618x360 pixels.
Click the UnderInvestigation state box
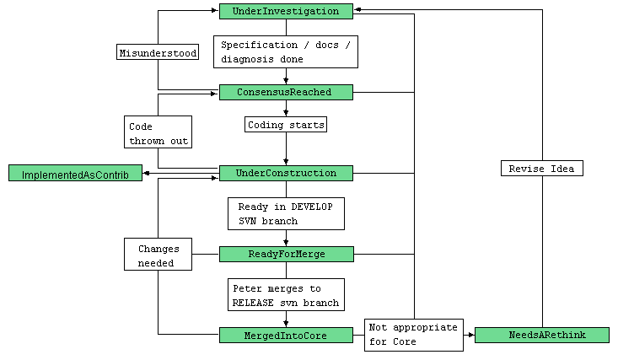tap(286, 12)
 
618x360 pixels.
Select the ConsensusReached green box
tap(286, 92)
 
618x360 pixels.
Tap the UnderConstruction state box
tap(286, 173)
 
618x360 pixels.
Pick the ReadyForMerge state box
tap(286, 254)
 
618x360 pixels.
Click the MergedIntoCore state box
tap(286, 335)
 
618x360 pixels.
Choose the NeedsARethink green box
tap(541, 335)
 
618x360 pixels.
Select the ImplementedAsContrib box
tap(75, 173)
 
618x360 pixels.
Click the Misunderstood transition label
tap(158, 52)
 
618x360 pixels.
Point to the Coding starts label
tap(286, 125)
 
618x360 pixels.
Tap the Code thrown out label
tap(158, 132)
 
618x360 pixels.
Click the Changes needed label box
tap(158, 255)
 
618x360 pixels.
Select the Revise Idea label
tap(541, 169)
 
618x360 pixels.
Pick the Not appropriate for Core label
tap(413, 335)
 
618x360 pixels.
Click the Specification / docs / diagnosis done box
tap(286, 51)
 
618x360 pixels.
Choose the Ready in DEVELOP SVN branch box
tap(286, 213)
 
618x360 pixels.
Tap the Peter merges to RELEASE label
tap(286, 294)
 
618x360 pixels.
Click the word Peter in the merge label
tap(247, 287)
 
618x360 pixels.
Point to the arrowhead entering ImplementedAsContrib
tap(147, 173)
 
